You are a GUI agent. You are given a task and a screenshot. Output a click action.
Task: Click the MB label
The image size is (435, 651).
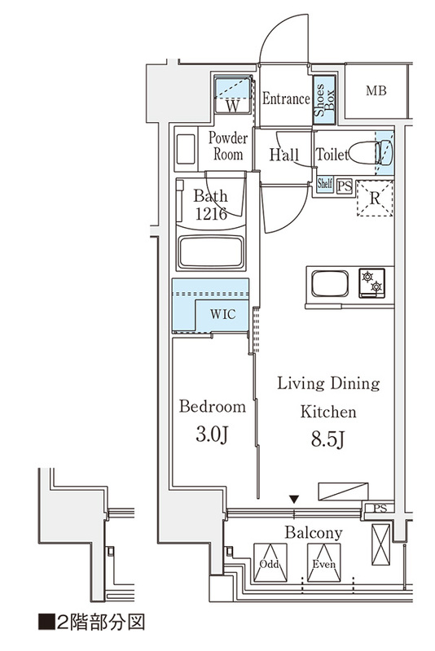[x=376, y=90]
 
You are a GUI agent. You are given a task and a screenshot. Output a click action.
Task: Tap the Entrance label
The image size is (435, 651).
[x=286, y=98]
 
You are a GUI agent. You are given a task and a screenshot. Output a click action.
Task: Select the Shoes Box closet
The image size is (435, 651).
[x=324, y=100]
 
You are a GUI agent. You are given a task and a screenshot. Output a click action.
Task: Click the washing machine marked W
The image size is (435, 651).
[x=233, y=94]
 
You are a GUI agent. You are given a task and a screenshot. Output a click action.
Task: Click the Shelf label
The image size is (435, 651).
[x=324, y=183]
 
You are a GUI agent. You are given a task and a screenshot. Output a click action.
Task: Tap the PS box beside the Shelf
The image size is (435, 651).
[x=344, y=186]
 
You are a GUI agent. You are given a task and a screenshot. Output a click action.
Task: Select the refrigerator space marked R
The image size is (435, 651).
[x=375, y=199]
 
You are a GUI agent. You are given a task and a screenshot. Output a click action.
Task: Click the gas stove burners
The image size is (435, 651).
[x=371, y=282]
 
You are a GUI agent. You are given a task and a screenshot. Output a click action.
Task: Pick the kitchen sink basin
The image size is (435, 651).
[x=330, y=283]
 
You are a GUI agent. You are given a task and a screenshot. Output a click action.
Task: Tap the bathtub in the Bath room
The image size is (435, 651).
[x=211, y=253]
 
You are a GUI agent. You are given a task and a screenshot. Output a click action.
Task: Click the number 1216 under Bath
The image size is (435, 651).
[x=211, y=214]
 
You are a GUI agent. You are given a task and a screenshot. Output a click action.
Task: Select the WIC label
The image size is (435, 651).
[x=222, y=314]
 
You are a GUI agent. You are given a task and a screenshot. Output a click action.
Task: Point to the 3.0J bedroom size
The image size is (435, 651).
[x=212, y=435]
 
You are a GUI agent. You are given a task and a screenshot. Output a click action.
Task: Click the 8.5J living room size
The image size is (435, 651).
[x=327, y=439]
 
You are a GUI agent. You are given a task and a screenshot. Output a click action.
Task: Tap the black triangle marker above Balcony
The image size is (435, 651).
[x=294, y=498]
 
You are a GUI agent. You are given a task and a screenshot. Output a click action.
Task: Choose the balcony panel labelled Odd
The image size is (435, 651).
[x=270, y=562]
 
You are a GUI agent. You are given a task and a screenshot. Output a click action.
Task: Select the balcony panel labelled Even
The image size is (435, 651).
[x=323, y=562]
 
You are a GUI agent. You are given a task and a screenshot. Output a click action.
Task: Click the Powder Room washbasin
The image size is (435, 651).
[x=185, y=150]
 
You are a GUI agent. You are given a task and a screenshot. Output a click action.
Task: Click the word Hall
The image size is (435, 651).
[x=284, y=155]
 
